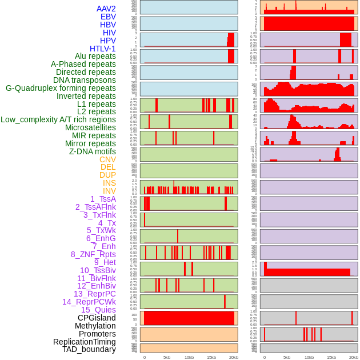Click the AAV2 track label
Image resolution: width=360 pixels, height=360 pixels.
coord(106,9)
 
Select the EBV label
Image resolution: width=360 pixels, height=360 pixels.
coord(108,17)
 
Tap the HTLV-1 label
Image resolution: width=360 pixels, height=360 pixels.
coord(103,49)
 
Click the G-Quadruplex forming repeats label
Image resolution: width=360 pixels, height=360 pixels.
coord(61,88)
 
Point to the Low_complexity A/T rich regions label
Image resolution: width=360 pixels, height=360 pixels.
coord(58,119)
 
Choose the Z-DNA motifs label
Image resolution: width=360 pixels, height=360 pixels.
coord(93,151)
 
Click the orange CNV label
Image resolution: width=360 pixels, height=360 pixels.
coord(107,159)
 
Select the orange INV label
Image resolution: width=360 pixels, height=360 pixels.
coord(109,191)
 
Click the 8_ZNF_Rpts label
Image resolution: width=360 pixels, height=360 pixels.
coord(93,254)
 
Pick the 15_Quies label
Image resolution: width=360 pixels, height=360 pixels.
coord(98,310)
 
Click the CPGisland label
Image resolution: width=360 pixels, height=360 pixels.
coord(97,318)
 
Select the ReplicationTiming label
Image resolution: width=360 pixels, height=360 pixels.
coord(84,342)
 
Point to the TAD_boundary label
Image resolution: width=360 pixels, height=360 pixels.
coord(89,349)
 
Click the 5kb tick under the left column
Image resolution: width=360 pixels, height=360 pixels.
coord(167,357)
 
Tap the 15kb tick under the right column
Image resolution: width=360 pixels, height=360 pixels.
coord(331,357)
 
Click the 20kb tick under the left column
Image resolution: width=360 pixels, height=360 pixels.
coord(233,357)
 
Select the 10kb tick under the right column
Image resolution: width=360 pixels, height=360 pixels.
coord(309,357)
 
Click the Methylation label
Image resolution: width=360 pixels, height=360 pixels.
coord(95,326)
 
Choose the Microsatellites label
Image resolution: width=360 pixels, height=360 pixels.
coord(90,127)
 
